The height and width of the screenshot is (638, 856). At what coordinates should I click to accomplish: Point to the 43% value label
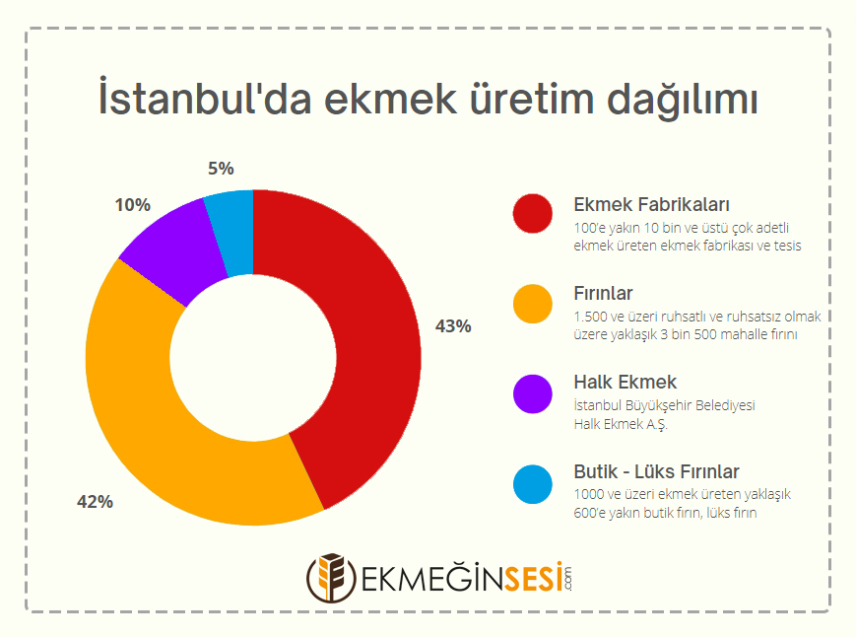pyautogui.click(x=453, y=326)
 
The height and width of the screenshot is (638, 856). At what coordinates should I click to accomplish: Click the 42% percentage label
pyautogui.click(x=95, y=501)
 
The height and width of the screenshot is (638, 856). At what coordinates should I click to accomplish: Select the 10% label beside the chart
pyautogui.click(x=132, y=205)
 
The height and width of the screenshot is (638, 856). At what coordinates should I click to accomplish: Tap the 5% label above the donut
pyautogui.click(x=221, y=169)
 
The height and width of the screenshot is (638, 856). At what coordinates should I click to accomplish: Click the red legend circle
pyautogui.click(x=532, y=213)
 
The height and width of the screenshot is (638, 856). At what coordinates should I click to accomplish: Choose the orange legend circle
pyautogui.click(x=532, y=304)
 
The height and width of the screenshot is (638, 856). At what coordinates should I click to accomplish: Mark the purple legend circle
pyautogui.click(x=532, y=393)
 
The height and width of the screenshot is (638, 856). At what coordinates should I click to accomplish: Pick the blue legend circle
pyautogui.click(x=532, y=484)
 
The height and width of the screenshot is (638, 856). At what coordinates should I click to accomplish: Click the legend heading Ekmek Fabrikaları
pyautogui.click(x=651, y=204)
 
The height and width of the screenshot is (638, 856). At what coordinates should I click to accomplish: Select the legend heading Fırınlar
pyautogui.click(x=603, y=294)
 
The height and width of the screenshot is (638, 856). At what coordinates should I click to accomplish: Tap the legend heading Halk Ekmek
pyautogui.click(x=626, y=383)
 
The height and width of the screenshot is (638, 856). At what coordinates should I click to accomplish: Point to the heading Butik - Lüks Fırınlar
pyautogui.click(x=656, y=471)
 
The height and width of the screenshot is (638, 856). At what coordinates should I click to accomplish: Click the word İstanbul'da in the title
pyautogui.click(x=205, y=98)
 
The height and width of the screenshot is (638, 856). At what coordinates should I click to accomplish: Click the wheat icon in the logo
pyautogui.click(x=331, y=578)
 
